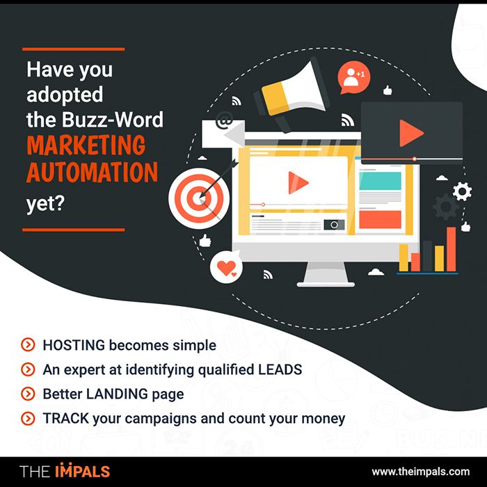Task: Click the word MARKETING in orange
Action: click(86, 145)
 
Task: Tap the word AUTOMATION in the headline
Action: click(93, 172)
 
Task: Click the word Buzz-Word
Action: click(113, 119)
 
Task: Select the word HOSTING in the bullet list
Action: click(74, 345)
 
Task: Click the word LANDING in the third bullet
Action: click(117, 394)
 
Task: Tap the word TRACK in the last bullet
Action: click(66, 418)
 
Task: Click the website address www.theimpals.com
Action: click(420, 472)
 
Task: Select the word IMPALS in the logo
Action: click(83, 470)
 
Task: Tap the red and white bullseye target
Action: click(199, 198)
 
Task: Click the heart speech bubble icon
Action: click(226, 266)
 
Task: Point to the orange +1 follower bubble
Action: click(353, 77)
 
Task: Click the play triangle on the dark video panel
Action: click(411, 133)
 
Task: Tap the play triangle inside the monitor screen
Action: click(298, 182)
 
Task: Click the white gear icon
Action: click(462, 191)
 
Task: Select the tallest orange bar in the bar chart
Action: click(452, 249)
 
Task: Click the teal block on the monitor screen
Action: click(380, 181)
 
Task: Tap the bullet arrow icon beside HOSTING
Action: click(28, 345)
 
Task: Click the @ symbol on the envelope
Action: click(224, 120)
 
